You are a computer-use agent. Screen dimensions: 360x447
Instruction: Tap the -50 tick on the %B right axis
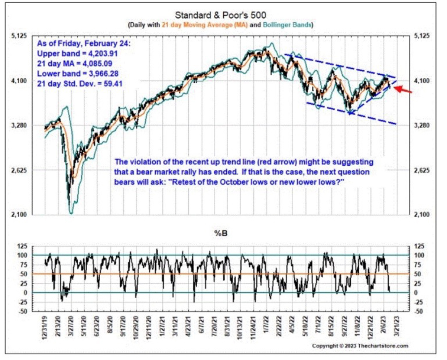(x=421, y=311)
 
